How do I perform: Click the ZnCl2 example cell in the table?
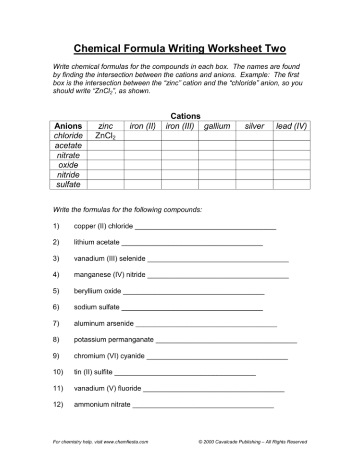pos(105,136)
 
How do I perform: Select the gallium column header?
pos(217,126)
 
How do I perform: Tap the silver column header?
pos(254,126)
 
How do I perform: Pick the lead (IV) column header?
pos(291,126)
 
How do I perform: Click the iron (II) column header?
pos(142,126)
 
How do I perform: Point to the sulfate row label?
pos(69,184)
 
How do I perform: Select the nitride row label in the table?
pos(69,175)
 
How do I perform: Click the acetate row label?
pos(69,146)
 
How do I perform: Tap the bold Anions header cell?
pos(69,126)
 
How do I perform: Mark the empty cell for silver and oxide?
pos(254,165)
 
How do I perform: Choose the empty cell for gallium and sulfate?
pos(217,184)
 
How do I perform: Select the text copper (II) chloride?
pos(103,226)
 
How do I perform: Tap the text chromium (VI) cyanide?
pos(109,356)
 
